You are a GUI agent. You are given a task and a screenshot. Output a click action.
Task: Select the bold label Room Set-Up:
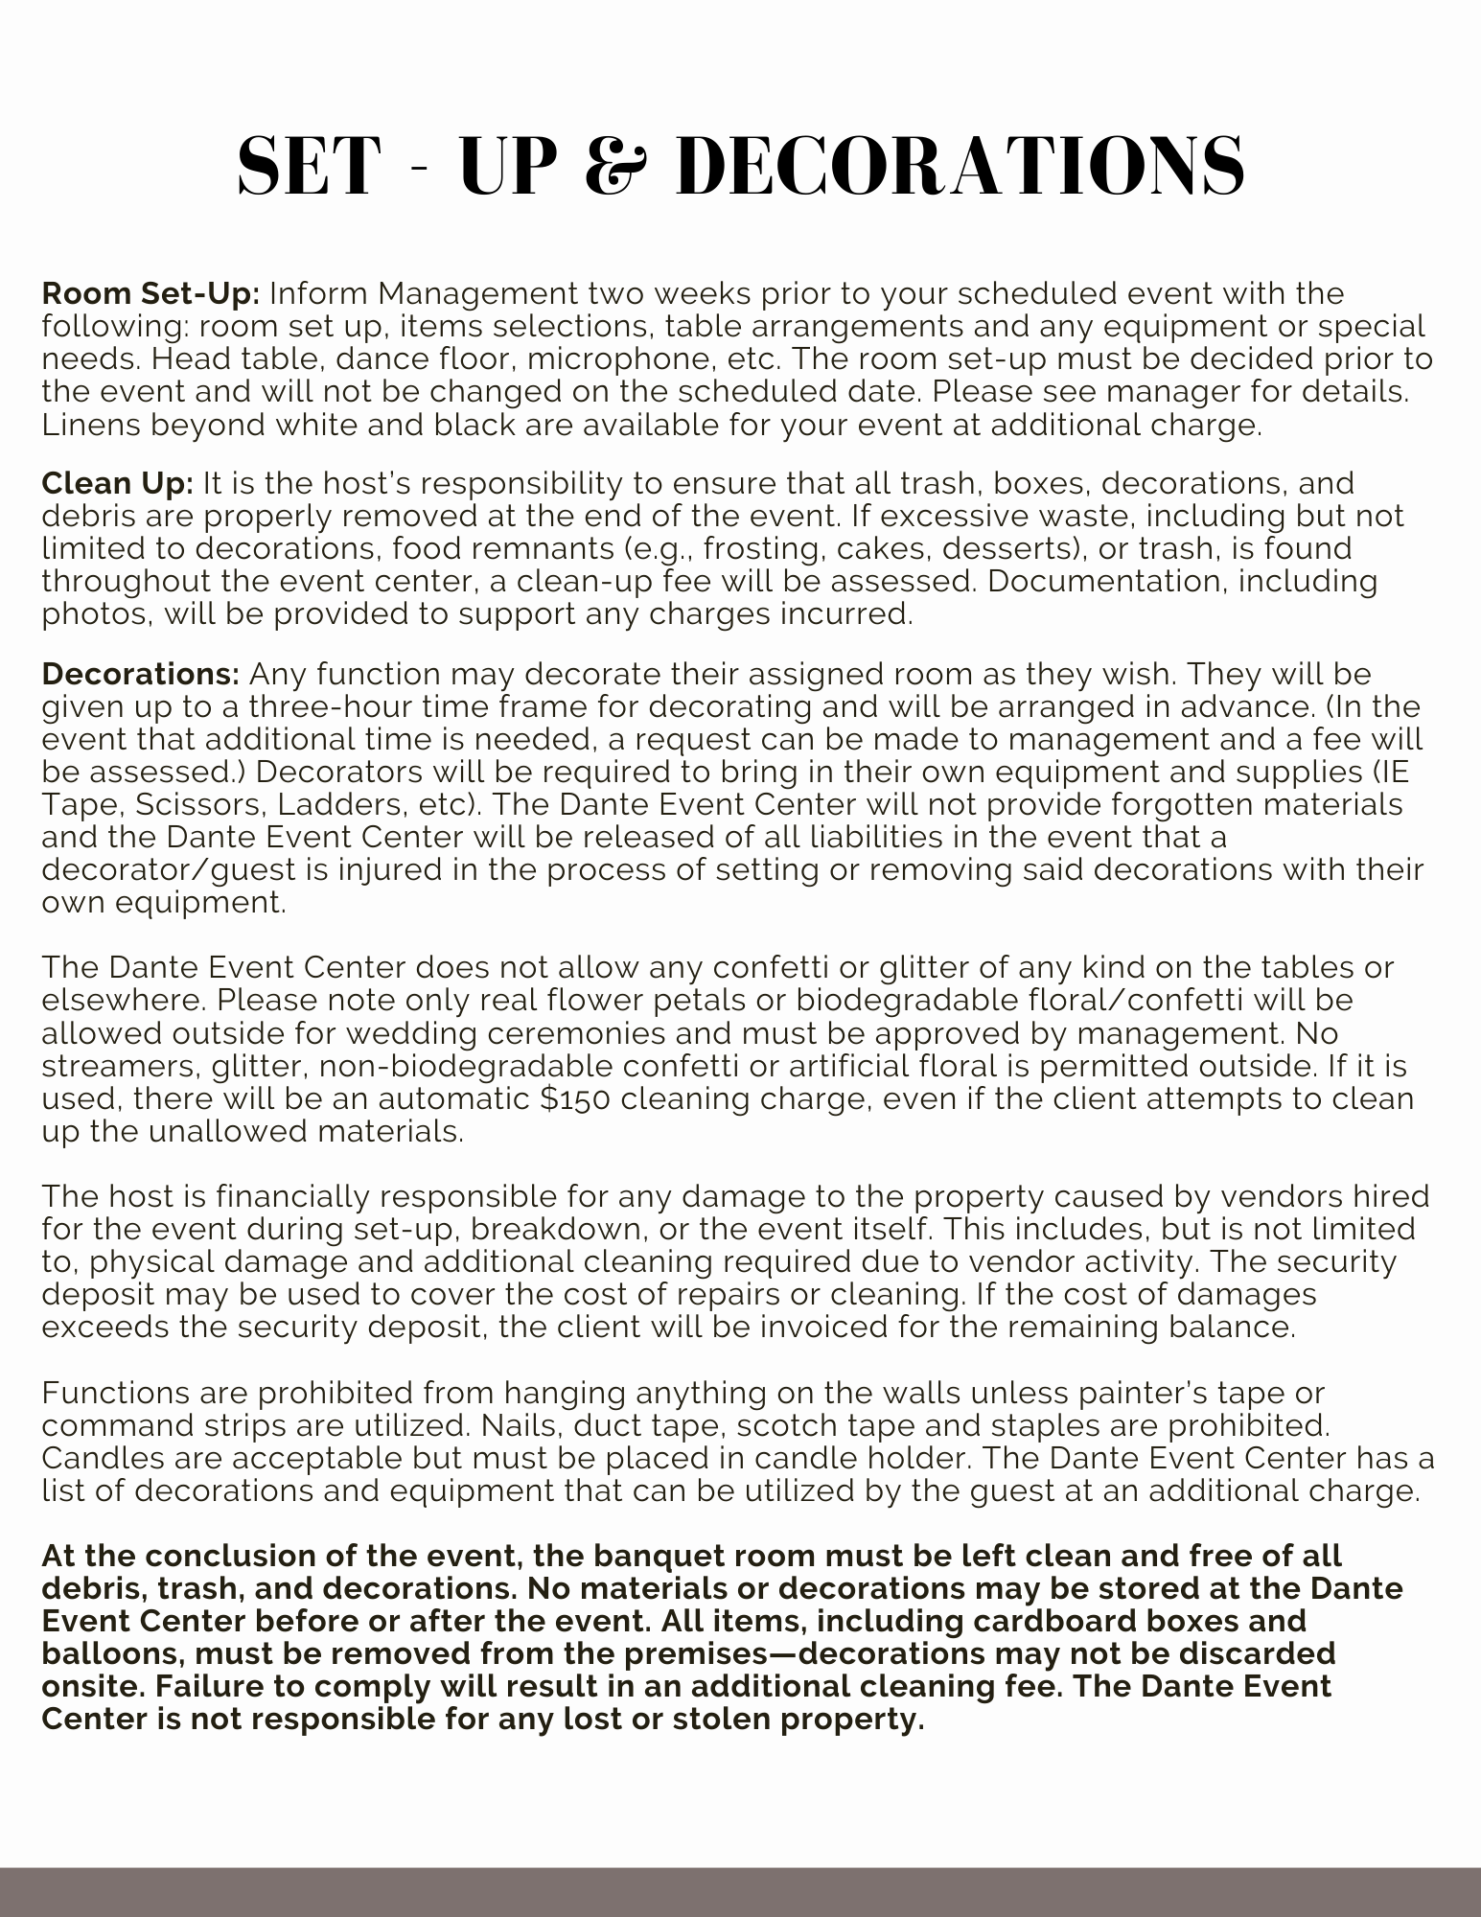click(x=150, y=293)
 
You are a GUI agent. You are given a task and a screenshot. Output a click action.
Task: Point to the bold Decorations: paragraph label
click(x=141, y=674)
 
